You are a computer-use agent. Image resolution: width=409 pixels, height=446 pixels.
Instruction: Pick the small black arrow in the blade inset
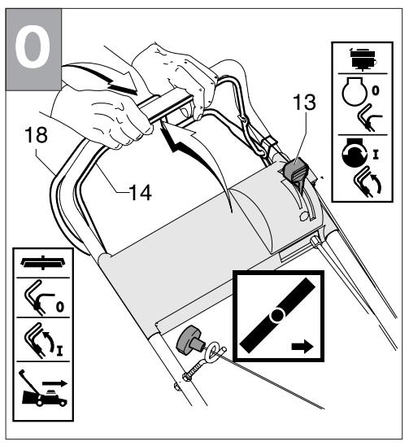pos(302,346)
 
